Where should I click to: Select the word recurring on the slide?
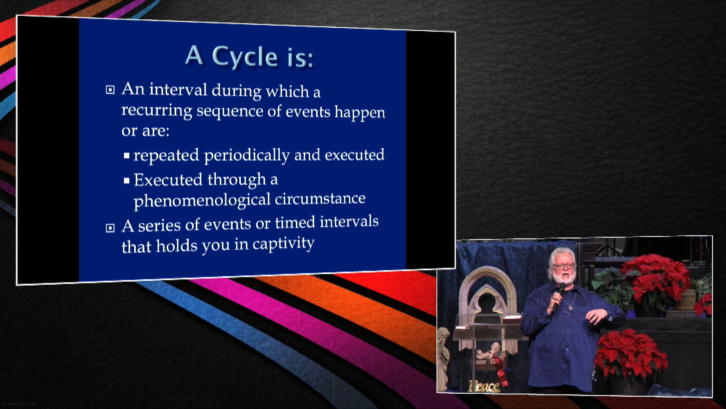click(x=157, y=111)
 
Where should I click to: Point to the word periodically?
click(x=247, y=156)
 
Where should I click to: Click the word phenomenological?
click(x=202, y=200)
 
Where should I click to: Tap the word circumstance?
click(x=320, y=199)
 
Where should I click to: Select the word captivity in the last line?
click(x=283, y=244)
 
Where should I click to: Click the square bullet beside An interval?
click(x=110, y=90)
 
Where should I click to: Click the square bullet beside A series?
click(x=110, y=228)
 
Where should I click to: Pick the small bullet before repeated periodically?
click(x=127, y=155)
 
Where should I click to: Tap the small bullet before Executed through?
click(x=127, y=181)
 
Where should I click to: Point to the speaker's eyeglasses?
click(x=563, y=266)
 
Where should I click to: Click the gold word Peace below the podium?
click(x=484, y=386)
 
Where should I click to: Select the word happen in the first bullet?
click(x=360, y=113)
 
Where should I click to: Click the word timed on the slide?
click(x=295, y=223)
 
